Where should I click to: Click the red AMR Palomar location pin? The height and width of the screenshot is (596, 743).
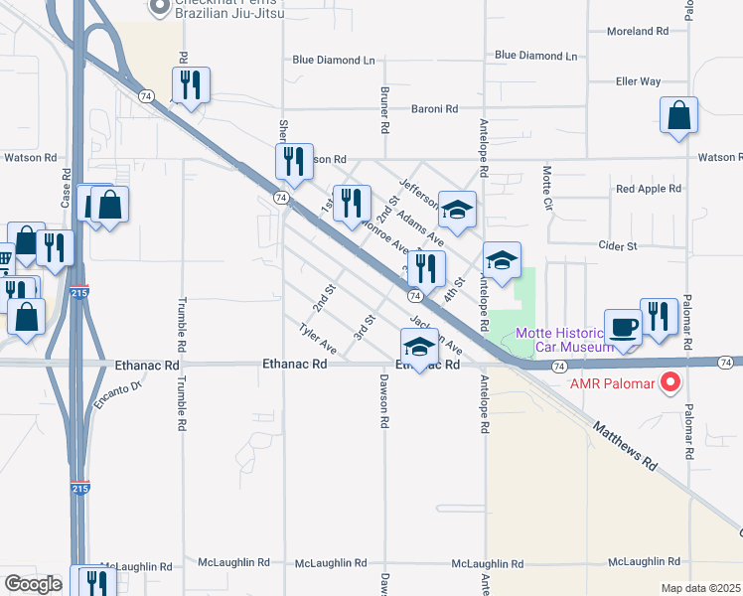tap(670, 381)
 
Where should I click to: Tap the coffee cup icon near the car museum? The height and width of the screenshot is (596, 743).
tap(625, 328)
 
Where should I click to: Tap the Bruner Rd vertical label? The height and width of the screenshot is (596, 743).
tap(384, 109)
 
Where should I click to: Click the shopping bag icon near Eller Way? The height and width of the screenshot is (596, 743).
tap(678, 115)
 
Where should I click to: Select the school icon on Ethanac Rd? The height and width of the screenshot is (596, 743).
tap(420, 348)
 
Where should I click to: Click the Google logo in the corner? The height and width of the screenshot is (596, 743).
tap(34, 584)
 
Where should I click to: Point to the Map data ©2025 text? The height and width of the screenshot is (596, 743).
tap(701, 588)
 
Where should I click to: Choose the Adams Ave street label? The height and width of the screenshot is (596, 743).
tap(420, 227)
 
